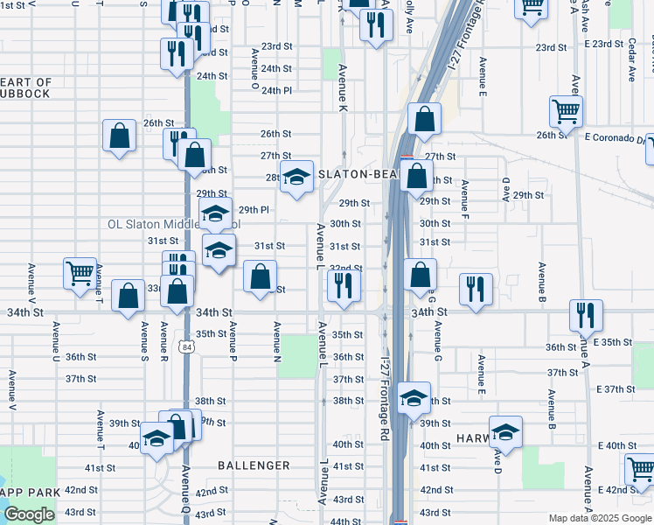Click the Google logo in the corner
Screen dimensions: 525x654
click(x=29, y=514)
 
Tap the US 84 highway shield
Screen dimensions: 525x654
click(x=186, y=347)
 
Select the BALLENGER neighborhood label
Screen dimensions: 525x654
click(x=254, y=466)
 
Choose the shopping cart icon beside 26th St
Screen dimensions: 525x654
click(x=566, y=112)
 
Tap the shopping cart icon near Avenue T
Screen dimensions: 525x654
click(x=80, y=273)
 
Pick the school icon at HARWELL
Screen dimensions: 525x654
click(x=505, y=431)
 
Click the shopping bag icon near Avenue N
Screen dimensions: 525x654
click(x=261, y=278)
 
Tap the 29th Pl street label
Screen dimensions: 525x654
click(x=254, y=210)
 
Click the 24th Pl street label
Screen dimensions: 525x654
click(x=275, y=90)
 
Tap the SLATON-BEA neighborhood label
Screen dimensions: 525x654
click(x=357, y=174)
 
